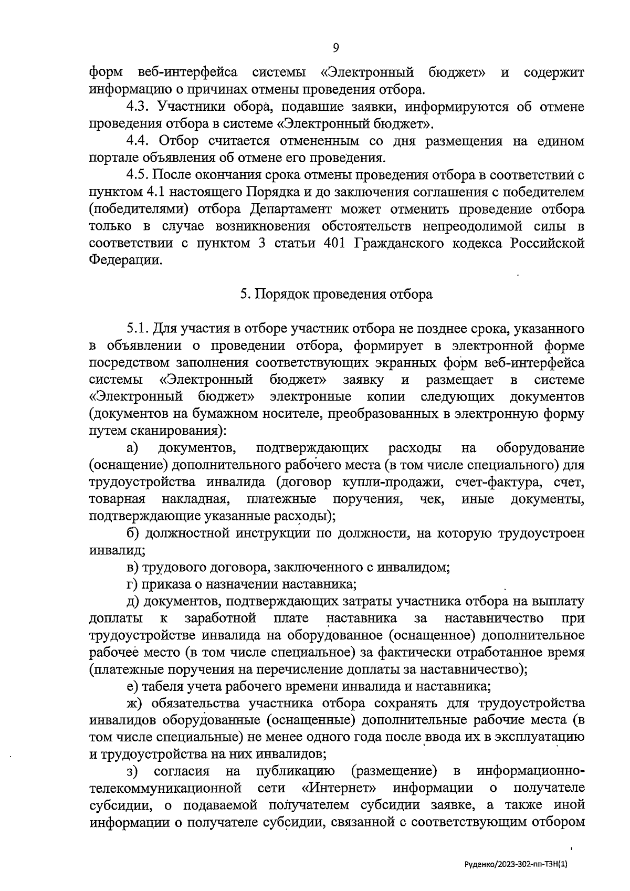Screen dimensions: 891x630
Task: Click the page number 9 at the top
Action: click(336, 48)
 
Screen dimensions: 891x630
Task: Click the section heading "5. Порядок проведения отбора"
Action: click(336, 295)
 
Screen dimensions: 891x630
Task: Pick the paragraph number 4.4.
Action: click(138, 141)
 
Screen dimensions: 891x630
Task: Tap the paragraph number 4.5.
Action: click(138, 175)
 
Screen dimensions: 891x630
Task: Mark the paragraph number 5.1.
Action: click(138, 329)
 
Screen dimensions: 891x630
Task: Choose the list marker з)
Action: click(132, 771)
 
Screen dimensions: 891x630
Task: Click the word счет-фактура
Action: click(498, 482)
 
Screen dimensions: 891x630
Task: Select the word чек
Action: click(432, 499)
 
